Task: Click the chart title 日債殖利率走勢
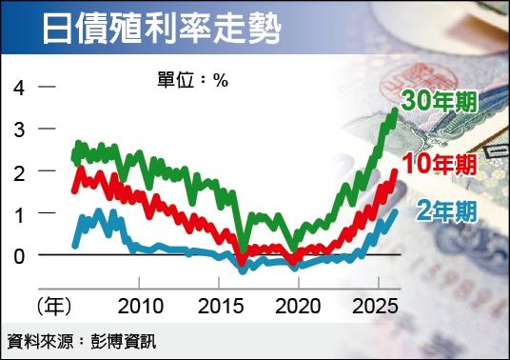(x=162, y=30)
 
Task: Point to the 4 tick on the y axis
(x=19, y=88)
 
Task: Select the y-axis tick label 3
(x=19, y=130)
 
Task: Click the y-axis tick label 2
(x=19, y=172)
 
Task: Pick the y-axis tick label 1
(x=19, y=215)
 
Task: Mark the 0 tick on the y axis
(x=19, y=257)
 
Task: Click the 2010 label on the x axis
(x=140, y=307)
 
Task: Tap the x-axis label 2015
(x=219, y=307)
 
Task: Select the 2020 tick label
(x=298, y=307)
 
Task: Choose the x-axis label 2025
(x=377, y=307)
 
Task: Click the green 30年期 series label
(x=439, y=100)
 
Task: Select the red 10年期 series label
(x=440, y=163)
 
